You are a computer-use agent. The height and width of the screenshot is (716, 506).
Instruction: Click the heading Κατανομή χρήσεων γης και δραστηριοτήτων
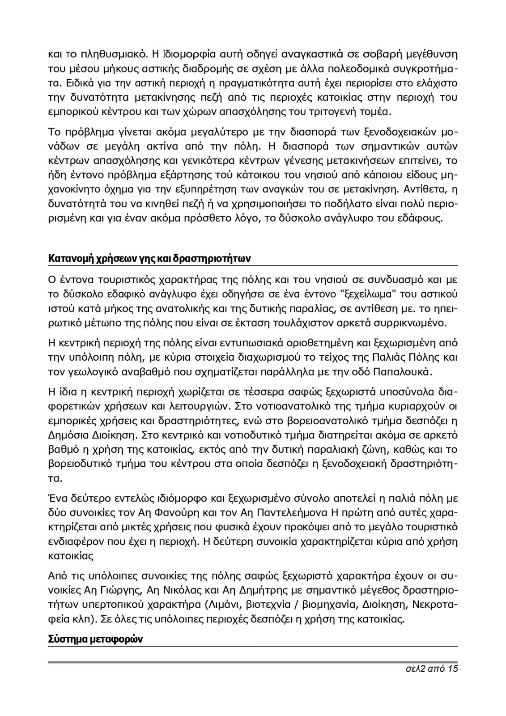click(149, 259)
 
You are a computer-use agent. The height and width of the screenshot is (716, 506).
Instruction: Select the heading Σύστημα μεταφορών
click(95, 639)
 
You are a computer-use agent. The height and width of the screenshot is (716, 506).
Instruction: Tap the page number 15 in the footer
click(452, 669)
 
